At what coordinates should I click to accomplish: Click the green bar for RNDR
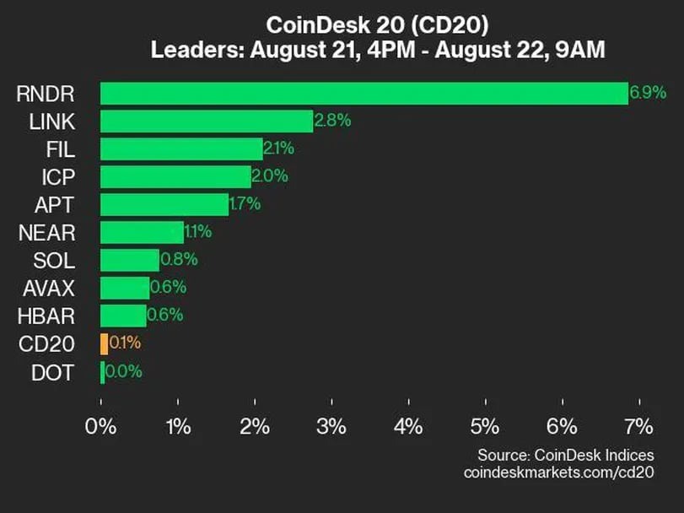coord(364,94)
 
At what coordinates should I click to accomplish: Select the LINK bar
coord(207,121)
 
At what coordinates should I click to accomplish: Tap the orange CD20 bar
coord(104,343)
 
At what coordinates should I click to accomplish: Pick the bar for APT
coord(164,204)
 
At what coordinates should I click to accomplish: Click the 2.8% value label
coord(332,121)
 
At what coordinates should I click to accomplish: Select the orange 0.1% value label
coord(125,343)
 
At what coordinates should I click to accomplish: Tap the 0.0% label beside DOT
coord(124,371)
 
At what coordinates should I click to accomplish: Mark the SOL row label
coord(56,260)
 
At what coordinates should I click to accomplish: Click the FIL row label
coord(62,149)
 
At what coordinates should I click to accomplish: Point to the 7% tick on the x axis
coord(639,426)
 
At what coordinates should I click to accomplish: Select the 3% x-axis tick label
coord(331,426)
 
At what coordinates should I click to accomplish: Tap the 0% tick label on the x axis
coord(102,426)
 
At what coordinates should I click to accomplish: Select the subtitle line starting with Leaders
coord(377,50)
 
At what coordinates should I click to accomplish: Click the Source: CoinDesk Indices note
coord(566,455)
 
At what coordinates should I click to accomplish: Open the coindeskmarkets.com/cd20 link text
coord(559,473)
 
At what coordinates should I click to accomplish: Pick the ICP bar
coord(175,176)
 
